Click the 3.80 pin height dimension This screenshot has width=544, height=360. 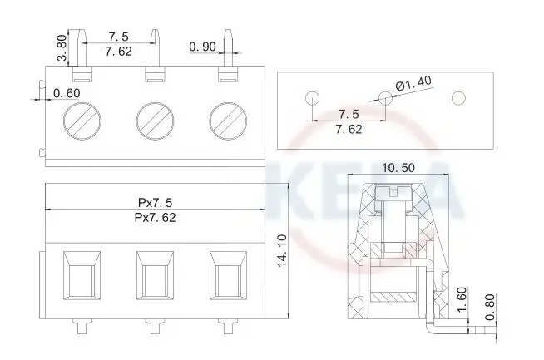(x=62, y=47)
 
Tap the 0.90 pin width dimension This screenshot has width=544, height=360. (x=203, y=47)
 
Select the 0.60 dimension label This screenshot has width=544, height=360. (x=67, y=93)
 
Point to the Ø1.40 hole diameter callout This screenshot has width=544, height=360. (x=413, y=83)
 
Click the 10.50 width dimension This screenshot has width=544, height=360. (x=398, y=168)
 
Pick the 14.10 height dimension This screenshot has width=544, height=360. (x=282, y=250)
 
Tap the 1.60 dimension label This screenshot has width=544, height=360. (x=462, y=299)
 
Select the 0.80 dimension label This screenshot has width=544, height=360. (x=490, y=308)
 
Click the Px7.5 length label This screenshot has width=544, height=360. (x=155, y=202)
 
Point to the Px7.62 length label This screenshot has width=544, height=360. (x=155, y=218)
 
